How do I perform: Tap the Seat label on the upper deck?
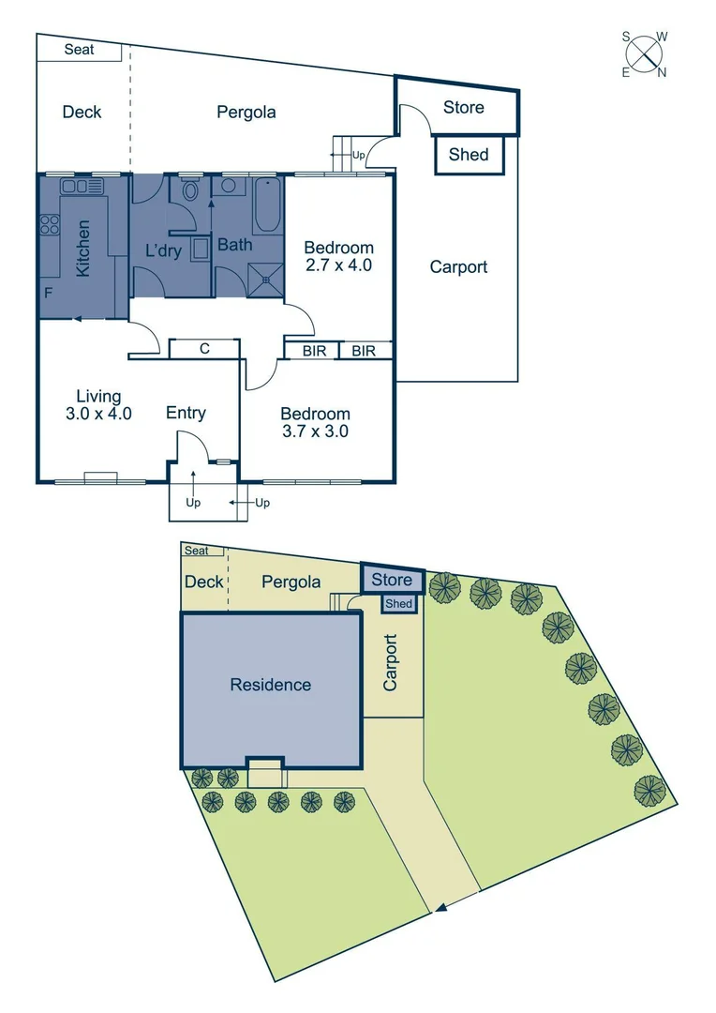click(80, 49)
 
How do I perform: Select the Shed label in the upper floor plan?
click(468, 154)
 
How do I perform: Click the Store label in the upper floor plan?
click(463, 107)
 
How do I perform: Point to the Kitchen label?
click(83, 248)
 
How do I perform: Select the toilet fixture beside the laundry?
click(190, 192)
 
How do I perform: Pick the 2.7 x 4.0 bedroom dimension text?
click(338, 265)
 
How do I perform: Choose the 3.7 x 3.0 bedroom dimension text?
click(315, 431)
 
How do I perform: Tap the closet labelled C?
click(203, 349)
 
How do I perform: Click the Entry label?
click(186, 413)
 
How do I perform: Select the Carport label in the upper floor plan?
click(458, 266)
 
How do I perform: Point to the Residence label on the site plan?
click(270, 685)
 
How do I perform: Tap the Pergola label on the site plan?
click(291, 582)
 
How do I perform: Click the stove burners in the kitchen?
click(48, 226)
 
